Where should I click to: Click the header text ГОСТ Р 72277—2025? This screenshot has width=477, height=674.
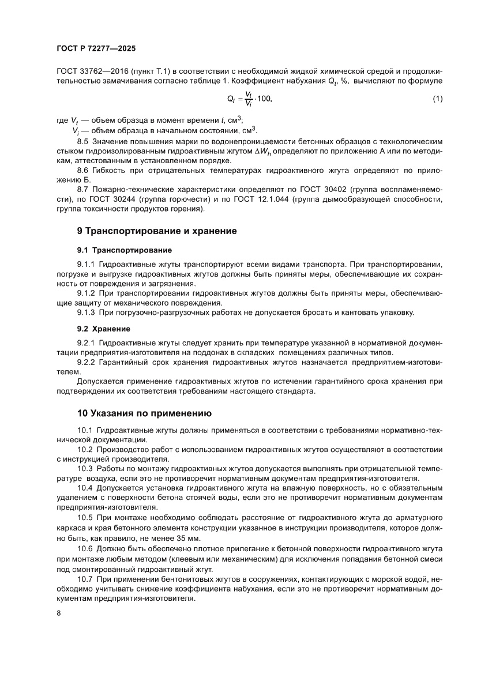click(x=96, y=49)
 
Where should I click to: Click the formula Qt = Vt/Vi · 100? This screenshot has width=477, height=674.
click(x=249, y=99)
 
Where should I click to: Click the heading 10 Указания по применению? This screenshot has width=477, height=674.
click(x=145, y=413)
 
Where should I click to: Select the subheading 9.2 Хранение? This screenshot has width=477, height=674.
click(x=103, y=329)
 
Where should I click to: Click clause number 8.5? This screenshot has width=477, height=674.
click(x=84, y=141)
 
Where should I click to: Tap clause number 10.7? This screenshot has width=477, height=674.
click(x=85, y=579)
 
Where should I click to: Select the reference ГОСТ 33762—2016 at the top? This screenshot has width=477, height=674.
click(x=91, y=71)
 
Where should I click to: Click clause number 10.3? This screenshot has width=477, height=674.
click(x=85, y=469)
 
